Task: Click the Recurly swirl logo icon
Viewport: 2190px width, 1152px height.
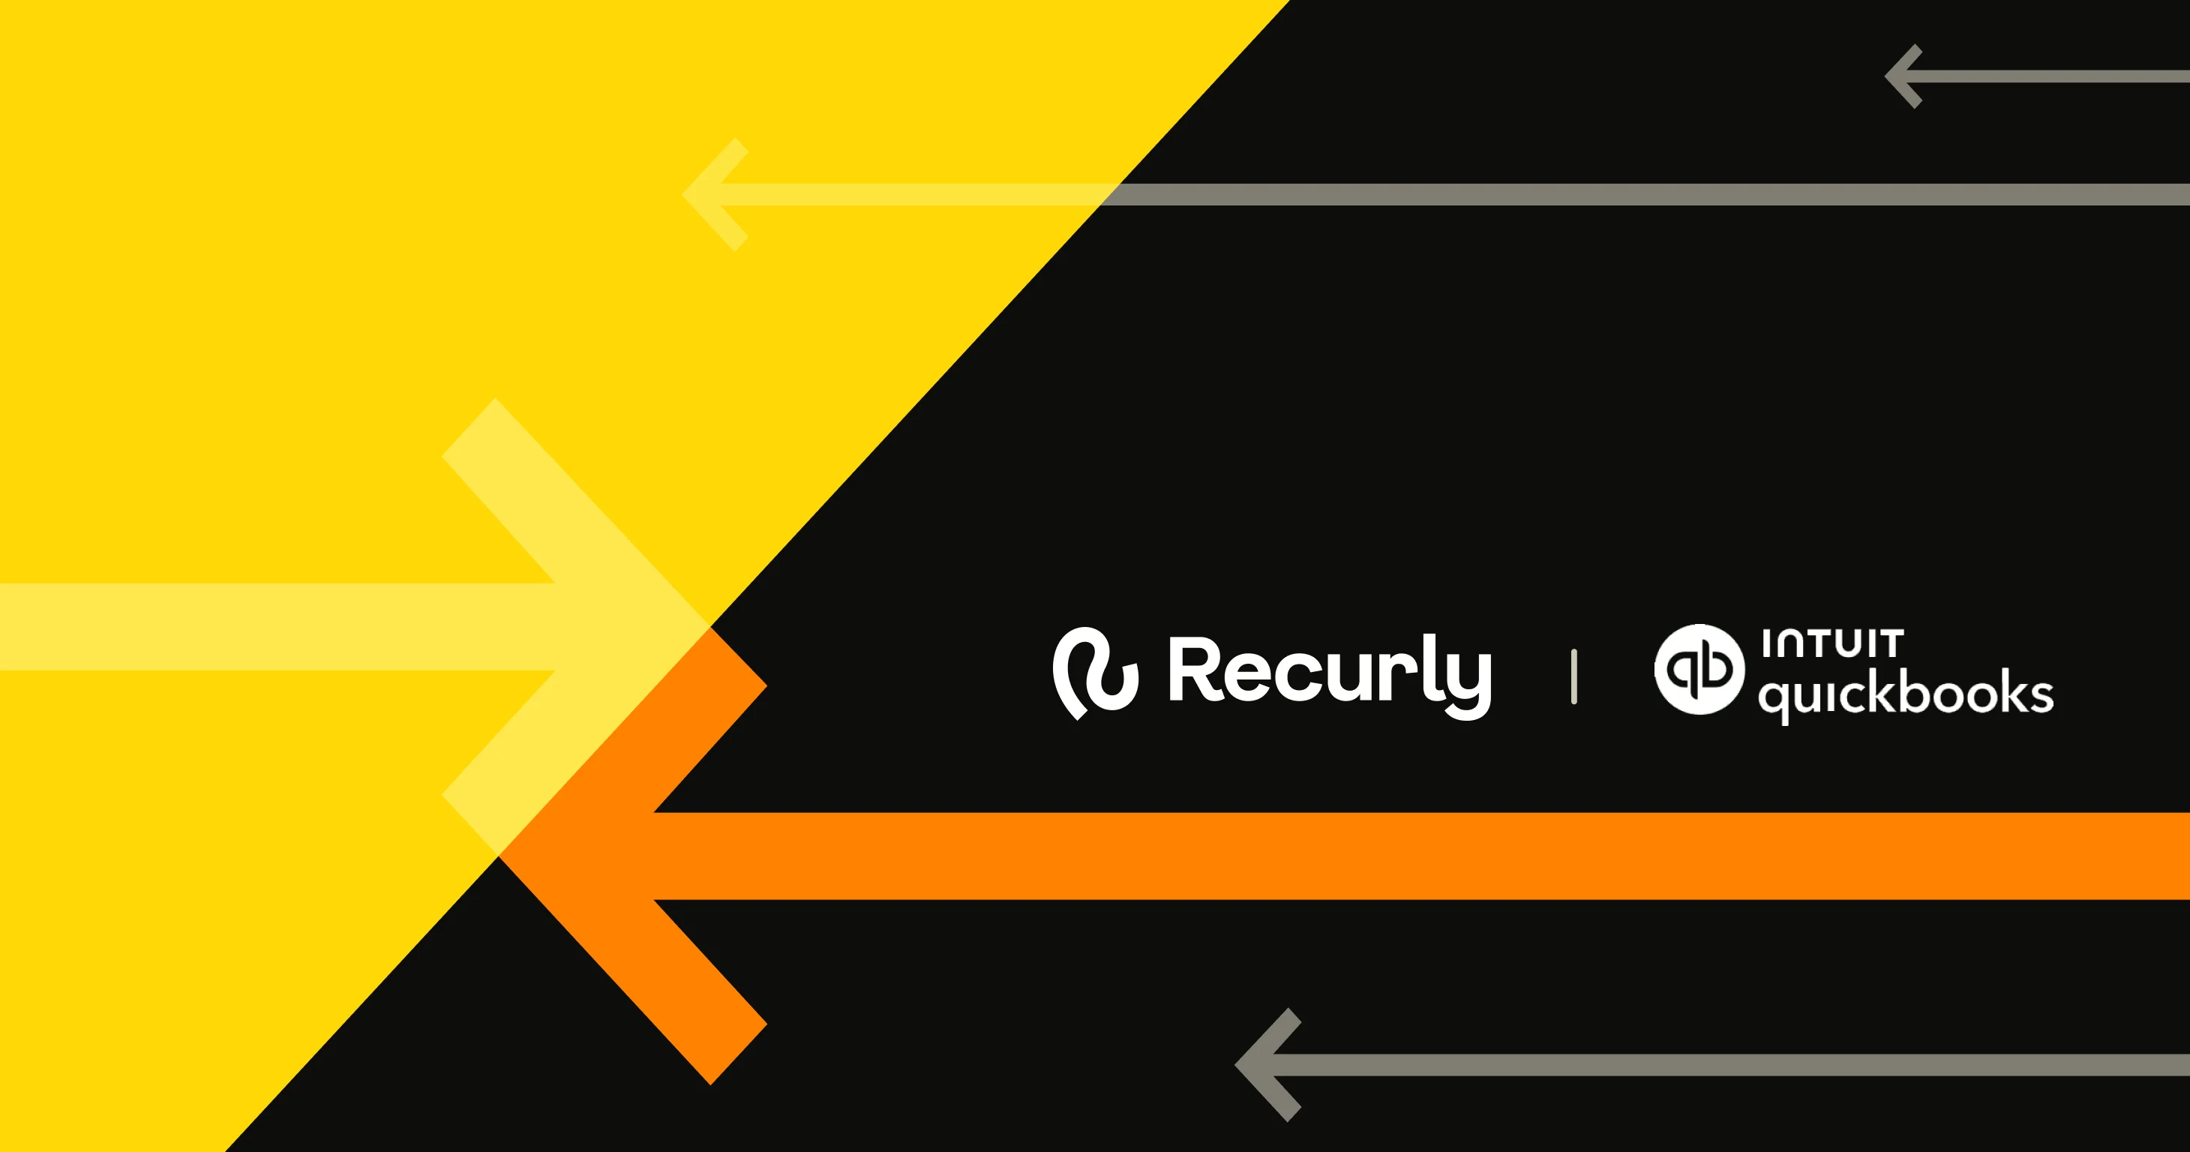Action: (x=1094, y=673)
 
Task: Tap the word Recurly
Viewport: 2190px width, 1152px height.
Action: (x=1329, y=673)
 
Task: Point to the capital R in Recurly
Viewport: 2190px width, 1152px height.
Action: (x=1195, y=669)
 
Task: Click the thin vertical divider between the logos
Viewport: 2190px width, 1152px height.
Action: (x=1573, y=676)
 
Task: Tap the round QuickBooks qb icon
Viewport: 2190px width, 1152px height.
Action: (x=1699, y=669)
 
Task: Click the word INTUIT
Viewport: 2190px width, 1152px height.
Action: (x=1832, y=644)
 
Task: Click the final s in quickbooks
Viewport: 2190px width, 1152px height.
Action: (x=2040, y=695)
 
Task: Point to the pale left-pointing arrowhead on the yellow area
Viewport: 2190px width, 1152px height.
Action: (x=710, y=195)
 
